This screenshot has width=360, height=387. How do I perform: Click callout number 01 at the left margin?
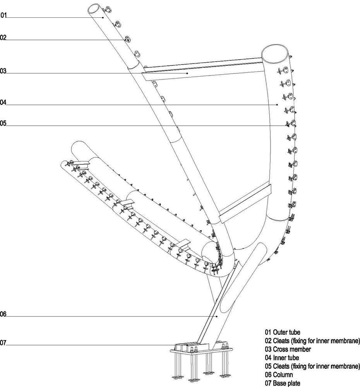(x=3, y=16)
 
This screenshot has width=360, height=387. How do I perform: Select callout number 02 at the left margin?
(x=3, y=38)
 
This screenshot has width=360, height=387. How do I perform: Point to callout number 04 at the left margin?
(x=3, y=103)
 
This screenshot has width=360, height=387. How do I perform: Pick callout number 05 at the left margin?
(x=3, y=124)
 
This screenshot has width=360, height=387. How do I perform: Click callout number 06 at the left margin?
(x=3, y=315)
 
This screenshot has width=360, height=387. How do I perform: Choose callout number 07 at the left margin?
(x=3, y=342)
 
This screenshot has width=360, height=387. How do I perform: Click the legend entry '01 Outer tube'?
(x=283, y=332)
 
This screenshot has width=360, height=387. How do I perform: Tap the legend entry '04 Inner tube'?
(x=282, y=358)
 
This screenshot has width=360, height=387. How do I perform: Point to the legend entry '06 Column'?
(x=279, y=375)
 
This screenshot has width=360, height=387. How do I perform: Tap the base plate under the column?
(x=201, y=350)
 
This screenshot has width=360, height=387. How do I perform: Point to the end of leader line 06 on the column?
(x=217, y=316)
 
